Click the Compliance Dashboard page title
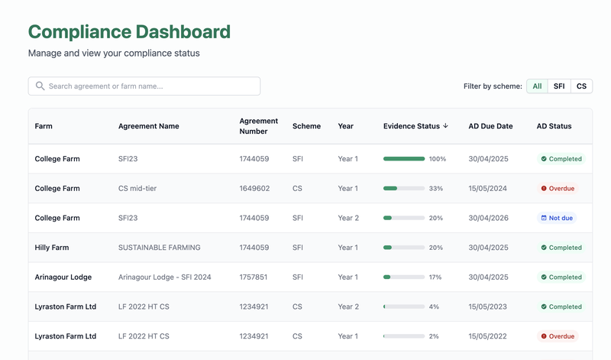click(129, 32)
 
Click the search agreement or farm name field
click(144, 86)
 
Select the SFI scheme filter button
click(559, 86)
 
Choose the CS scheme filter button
click(581, 86)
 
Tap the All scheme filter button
click(537, 86)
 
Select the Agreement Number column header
click(258, 126)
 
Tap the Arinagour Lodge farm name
click(63, 277)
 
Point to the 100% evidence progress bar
click(404, 159)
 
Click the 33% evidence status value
click(436, 189)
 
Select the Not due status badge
click(557, 218)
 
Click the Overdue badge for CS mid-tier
click(558, 189)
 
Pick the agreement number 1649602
click(254, 189)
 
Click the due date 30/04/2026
click(490, 218)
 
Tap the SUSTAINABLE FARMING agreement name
click(159, 248)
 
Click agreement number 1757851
click(254, 277)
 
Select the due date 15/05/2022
click(490, 336)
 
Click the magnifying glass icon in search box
click(40, 86)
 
